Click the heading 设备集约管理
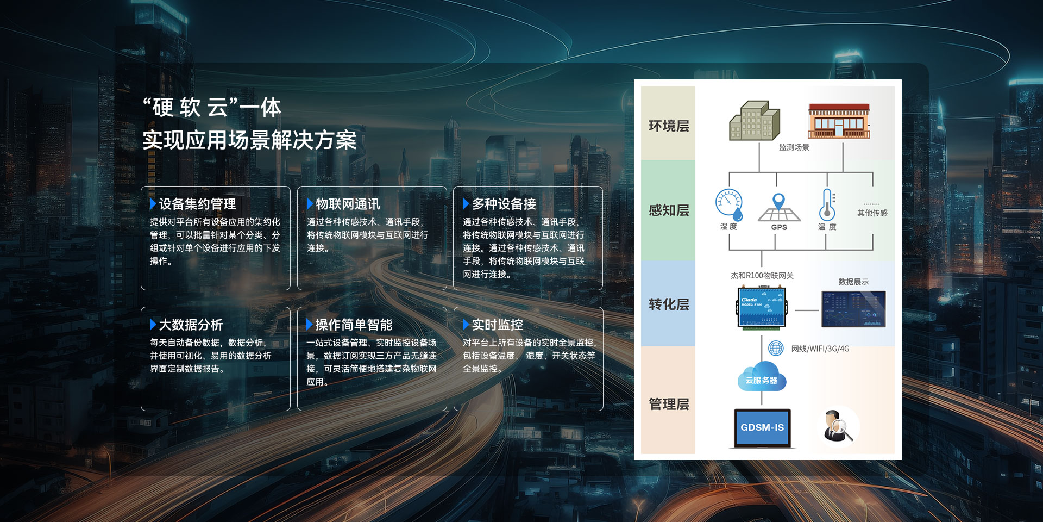tap(197, 204)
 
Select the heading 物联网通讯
tap(348, 204)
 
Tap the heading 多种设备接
tap(504, 204)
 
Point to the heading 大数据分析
tap(191, 325)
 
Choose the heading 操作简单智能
tap(354, 325)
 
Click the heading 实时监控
tap(497, 325)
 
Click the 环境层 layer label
tap(669, 126)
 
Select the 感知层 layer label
tap(669, 210)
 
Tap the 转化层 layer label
tap(669, 304)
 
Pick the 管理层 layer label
tap(669, 404)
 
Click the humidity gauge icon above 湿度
tap(729, 204)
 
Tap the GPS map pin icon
tap(778, 207)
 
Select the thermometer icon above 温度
tap(827, 204)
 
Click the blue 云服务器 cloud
tap(762, 377)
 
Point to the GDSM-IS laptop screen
tap(762, 427)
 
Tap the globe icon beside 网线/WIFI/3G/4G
tap(776, 348)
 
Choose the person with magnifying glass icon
tap(837, 426)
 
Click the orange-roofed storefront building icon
tap(839, 121)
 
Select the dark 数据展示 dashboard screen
tap(853, 309)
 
